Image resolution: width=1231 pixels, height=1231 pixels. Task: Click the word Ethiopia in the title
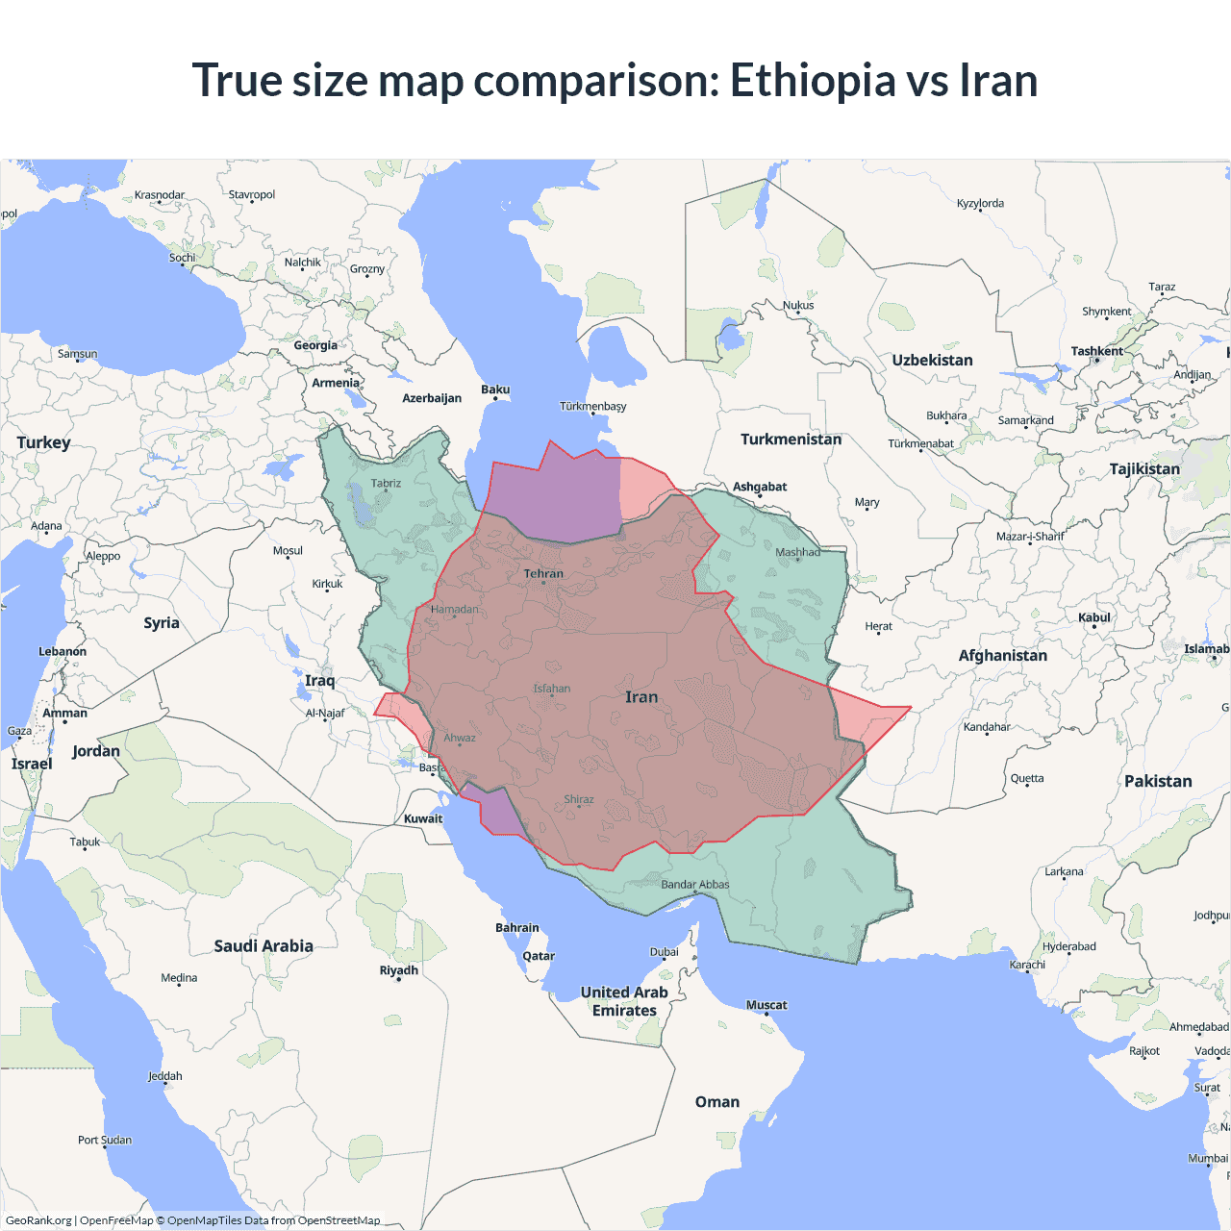(813, 80)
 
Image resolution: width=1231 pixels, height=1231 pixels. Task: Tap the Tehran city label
(543, 574)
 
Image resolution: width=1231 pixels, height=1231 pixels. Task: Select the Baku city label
(495, 389)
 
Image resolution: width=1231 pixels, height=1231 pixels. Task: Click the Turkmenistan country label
(791, 440)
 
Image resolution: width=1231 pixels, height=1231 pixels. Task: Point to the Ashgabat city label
(760, 487)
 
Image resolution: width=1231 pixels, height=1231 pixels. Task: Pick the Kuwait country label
(423, 819)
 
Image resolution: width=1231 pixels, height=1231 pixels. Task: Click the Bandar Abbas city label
(694, 885)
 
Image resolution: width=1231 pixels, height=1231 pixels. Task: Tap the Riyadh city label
(398, 970)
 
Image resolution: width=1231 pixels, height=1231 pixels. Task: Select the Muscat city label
(766, 1005)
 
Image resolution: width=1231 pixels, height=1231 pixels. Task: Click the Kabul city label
(1094, 617)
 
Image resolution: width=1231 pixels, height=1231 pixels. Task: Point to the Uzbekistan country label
(932, 361)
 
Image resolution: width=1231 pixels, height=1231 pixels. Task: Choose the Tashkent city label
(1096, 351)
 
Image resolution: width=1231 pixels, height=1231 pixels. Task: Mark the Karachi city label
(1027, 965)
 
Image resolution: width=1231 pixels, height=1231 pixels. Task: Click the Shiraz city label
(579, 799)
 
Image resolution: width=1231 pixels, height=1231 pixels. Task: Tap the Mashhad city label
(798, 552)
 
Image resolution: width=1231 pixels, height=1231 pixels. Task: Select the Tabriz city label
(386, 484)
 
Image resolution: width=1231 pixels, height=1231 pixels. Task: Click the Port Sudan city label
(105, 1140)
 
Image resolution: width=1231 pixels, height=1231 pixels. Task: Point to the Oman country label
(717, 1102)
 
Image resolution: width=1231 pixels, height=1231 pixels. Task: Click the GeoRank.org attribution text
(38, 1220)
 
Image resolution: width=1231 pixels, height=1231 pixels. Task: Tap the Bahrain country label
(517, 928)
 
